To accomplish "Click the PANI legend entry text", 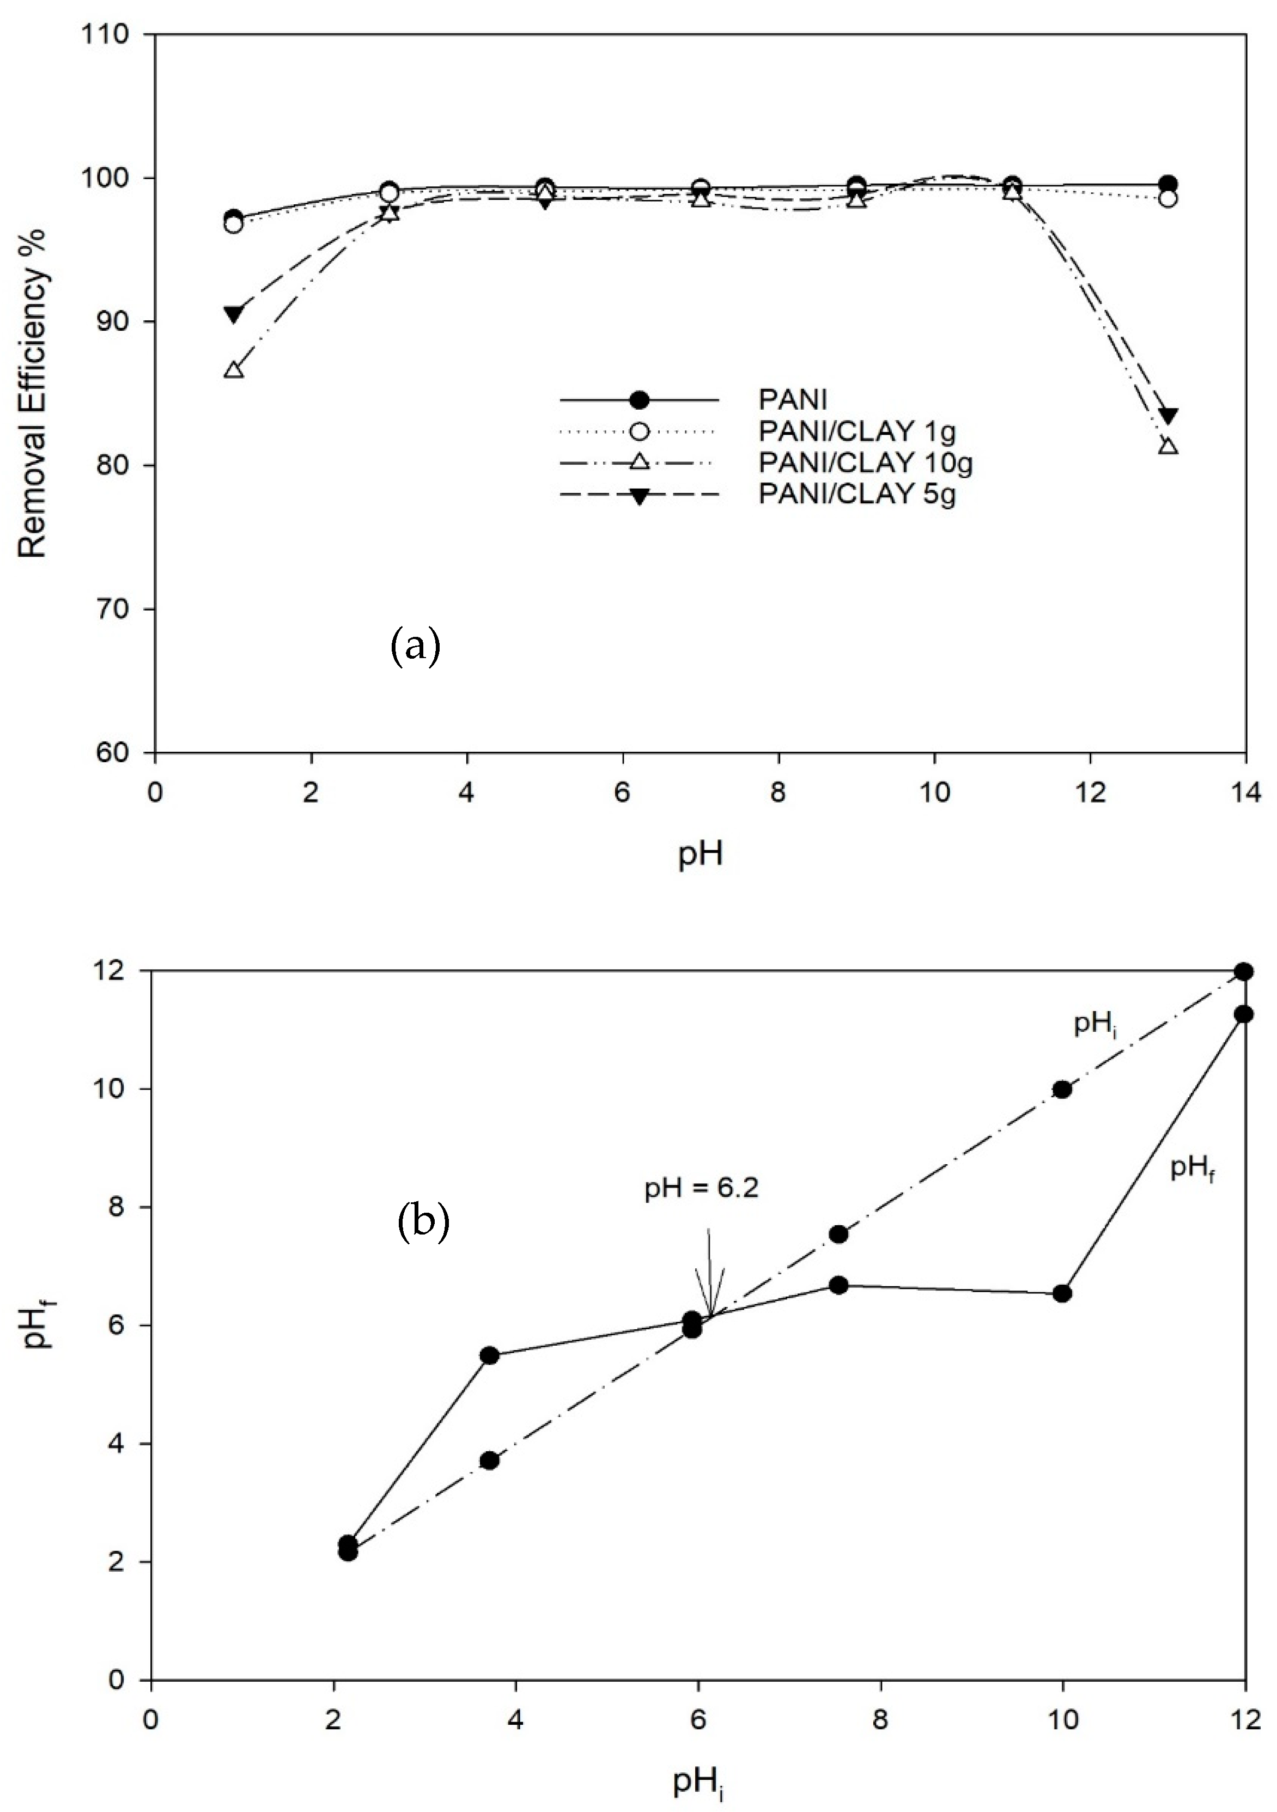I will click(792, 399).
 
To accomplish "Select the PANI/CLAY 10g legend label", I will click(865, 463).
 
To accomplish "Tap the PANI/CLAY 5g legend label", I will click(857, 495).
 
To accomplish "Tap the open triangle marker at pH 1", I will click(234, 370).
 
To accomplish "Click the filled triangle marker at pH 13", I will click(1170, 416).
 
